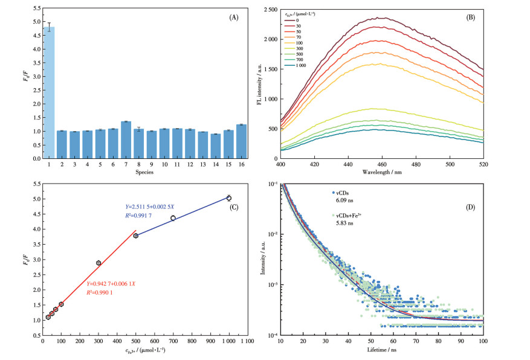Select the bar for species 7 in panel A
coord(126,140)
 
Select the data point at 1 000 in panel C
coord(229,198)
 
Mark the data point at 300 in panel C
coord(99,263)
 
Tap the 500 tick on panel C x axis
coord(136,342)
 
